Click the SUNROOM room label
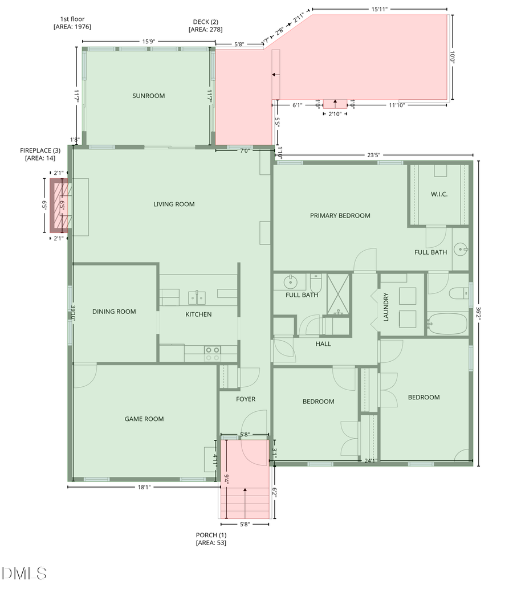coord(148,96)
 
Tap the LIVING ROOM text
coord(174,204)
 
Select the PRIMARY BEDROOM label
coord(340,215)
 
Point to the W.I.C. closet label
coord(439,194)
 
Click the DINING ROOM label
coord(114,312)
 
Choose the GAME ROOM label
coord(144,419)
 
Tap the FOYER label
coord(246,399)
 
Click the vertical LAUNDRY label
coord(386,307)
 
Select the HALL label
coord(323,344)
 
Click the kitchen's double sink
coord(198,297)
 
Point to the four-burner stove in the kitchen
coord(213,354)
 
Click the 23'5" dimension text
coord(374,154)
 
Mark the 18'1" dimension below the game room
coord(144,487)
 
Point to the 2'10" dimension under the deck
coord(335,114)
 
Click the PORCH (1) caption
coord(211,539)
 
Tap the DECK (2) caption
coord(207,26)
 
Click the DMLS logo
coord(24,573)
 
